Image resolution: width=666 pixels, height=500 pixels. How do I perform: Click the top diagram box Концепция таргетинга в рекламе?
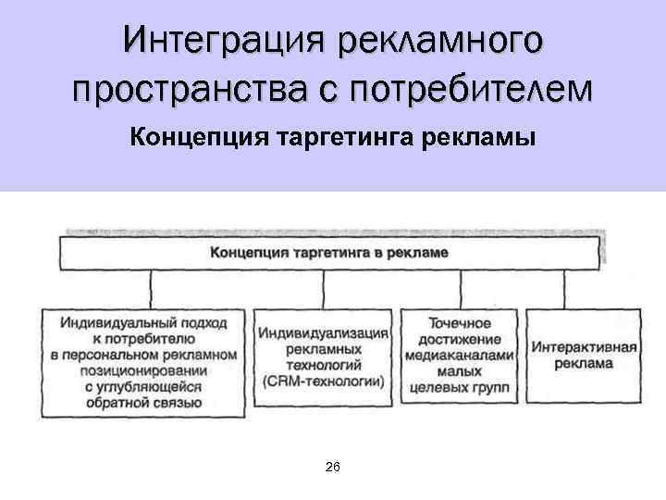point(329,252)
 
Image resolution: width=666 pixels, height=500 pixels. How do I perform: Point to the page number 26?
point(333,468)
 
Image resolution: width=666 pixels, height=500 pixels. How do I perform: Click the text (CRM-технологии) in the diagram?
point(323,381)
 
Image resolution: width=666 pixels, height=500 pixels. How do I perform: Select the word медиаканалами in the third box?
point(459,355)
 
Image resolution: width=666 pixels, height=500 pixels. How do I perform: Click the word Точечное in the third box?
point(459,323)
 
